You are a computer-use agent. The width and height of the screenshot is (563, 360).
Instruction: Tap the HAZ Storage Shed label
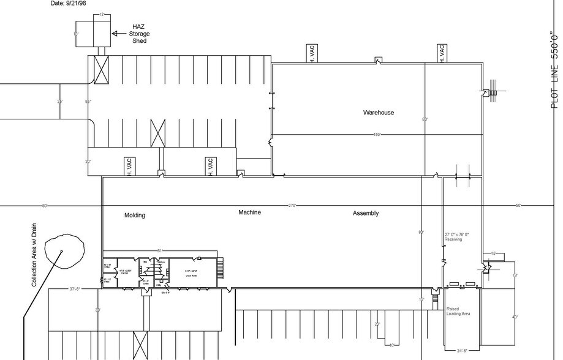click(x=139, y=34)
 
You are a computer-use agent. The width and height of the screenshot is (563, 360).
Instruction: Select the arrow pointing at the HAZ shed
click(x=117, y=34)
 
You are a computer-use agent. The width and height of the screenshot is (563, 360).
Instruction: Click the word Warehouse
click(x=378, y=113)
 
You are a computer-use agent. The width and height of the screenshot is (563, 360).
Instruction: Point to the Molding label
click(x=135, y=216)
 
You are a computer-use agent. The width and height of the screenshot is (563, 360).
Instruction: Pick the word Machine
click(x=250, y=212)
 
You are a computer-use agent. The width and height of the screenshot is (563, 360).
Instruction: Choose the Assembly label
click(x=366, y=214)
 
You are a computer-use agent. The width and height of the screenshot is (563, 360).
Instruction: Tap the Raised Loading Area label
click(x=458, y=311)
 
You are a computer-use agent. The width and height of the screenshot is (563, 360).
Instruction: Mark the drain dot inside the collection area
click(x=61, y=252)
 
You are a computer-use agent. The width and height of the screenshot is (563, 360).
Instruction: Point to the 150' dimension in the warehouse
click(x=377, y=135)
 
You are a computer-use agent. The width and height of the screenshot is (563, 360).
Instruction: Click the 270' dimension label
click(x=292, y=206)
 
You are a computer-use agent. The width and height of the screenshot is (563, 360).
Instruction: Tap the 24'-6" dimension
click(x=463, y=351)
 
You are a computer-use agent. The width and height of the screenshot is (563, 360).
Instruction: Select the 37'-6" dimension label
click(x=76, y=289)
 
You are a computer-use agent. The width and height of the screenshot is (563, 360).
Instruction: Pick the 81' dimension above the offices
click(x=160, y=251)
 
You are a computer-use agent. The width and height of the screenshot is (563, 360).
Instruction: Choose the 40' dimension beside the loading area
click(x=515, y=317)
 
